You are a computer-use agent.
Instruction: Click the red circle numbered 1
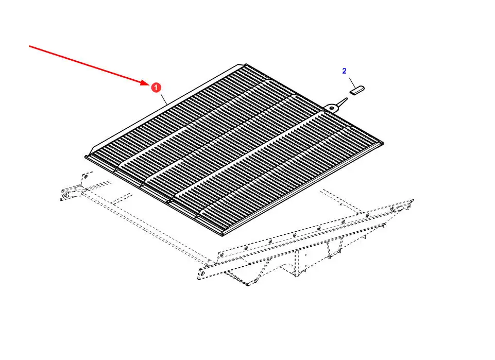click(x=155, y=88)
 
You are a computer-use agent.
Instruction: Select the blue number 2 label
click(x=345, y=71)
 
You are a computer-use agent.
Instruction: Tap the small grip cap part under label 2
click(x=357, y=90)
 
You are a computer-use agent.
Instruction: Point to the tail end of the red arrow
click(x=30, y=46)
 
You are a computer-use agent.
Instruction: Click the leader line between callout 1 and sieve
click(x=163, y=99)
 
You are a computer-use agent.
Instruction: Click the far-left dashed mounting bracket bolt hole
click(x=65, y=196)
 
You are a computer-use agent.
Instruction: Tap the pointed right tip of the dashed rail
click(x=414, y=200)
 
